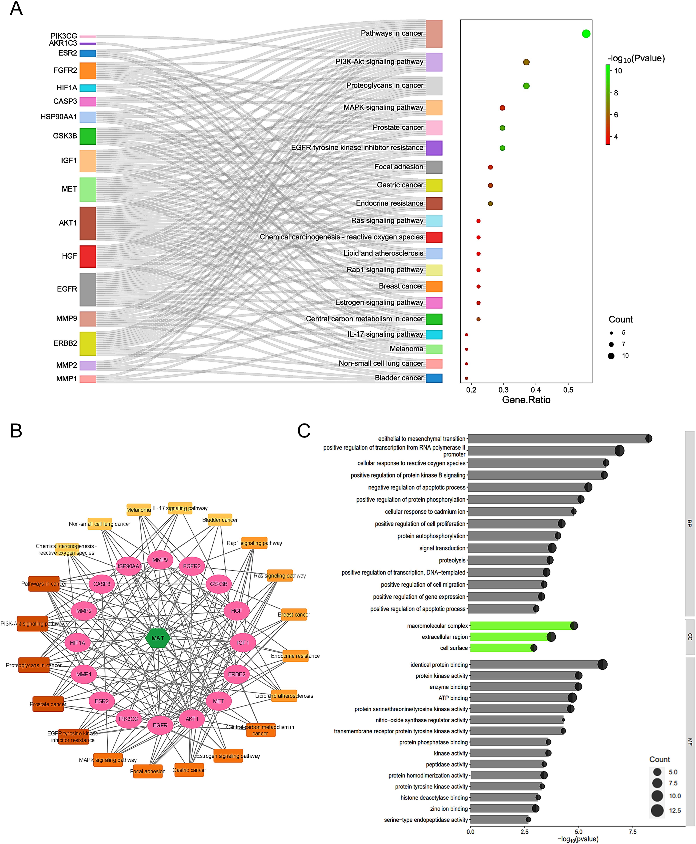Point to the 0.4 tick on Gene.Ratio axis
coord(536,390)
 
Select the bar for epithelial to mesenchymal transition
coord(557,439)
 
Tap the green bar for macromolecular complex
coord(521,626)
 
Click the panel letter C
coord(304,431)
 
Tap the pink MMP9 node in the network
coord(160,560)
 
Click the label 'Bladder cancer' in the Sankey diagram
coord(399,378)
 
